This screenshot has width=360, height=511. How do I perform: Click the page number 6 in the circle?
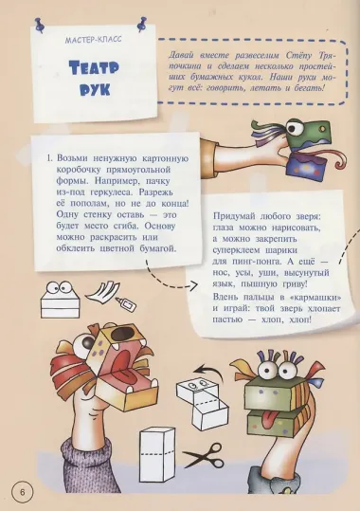(21, 492)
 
